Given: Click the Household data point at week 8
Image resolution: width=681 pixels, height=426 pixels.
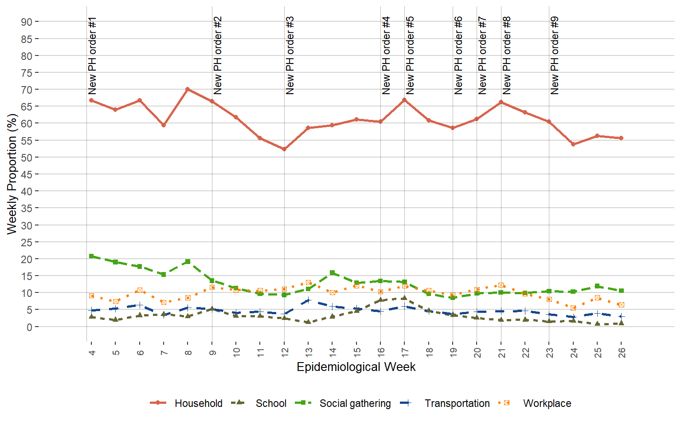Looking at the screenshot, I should tap(188, 89).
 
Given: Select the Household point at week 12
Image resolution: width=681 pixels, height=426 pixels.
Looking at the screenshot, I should tap(284, 149).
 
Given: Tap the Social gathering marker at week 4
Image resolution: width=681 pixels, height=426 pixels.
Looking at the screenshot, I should tap(91, 256).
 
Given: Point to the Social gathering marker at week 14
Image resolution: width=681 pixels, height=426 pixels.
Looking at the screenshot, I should tap(332, 273).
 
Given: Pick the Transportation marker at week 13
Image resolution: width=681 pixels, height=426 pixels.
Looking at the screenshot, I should tap(308, 300).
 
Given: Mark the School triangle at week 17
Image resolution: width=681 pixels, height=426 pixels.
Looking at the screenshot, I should tap(404, 298).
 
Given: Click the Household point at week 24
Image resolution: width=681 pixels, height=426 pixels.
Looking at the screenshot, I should tap(573, 144).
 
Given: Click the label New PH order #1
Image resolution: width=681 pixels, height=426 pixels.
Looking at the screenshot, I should tap(92, 56).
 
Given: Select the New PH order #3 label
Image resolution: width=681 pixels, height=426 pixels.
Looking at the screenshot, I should tap(290, 56).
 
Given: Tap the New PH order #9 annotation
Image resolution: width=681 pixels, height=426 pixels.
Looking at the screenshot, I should tap(555, 56).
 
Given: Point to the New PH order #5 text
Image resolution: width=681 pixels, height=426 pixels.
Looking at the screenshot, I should tap(410, 56).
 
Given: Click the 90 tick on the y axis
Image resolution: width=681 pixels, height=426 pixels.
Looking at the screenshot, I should tap(26, 22).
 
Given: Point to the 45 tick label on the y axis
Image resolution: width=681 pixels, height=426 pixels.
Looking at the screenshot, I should tap(26, 175).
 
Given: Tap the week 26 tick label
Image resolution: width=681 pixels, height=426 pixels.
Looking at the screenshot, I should tap(622, 353).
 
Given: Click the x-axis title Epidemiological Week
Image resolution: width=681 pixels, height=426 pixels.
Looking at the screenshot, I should tap(356, 367).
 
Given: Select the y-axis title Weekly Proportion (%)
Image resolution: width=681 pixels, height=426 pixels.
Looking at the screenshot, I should tap(12, 174).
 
